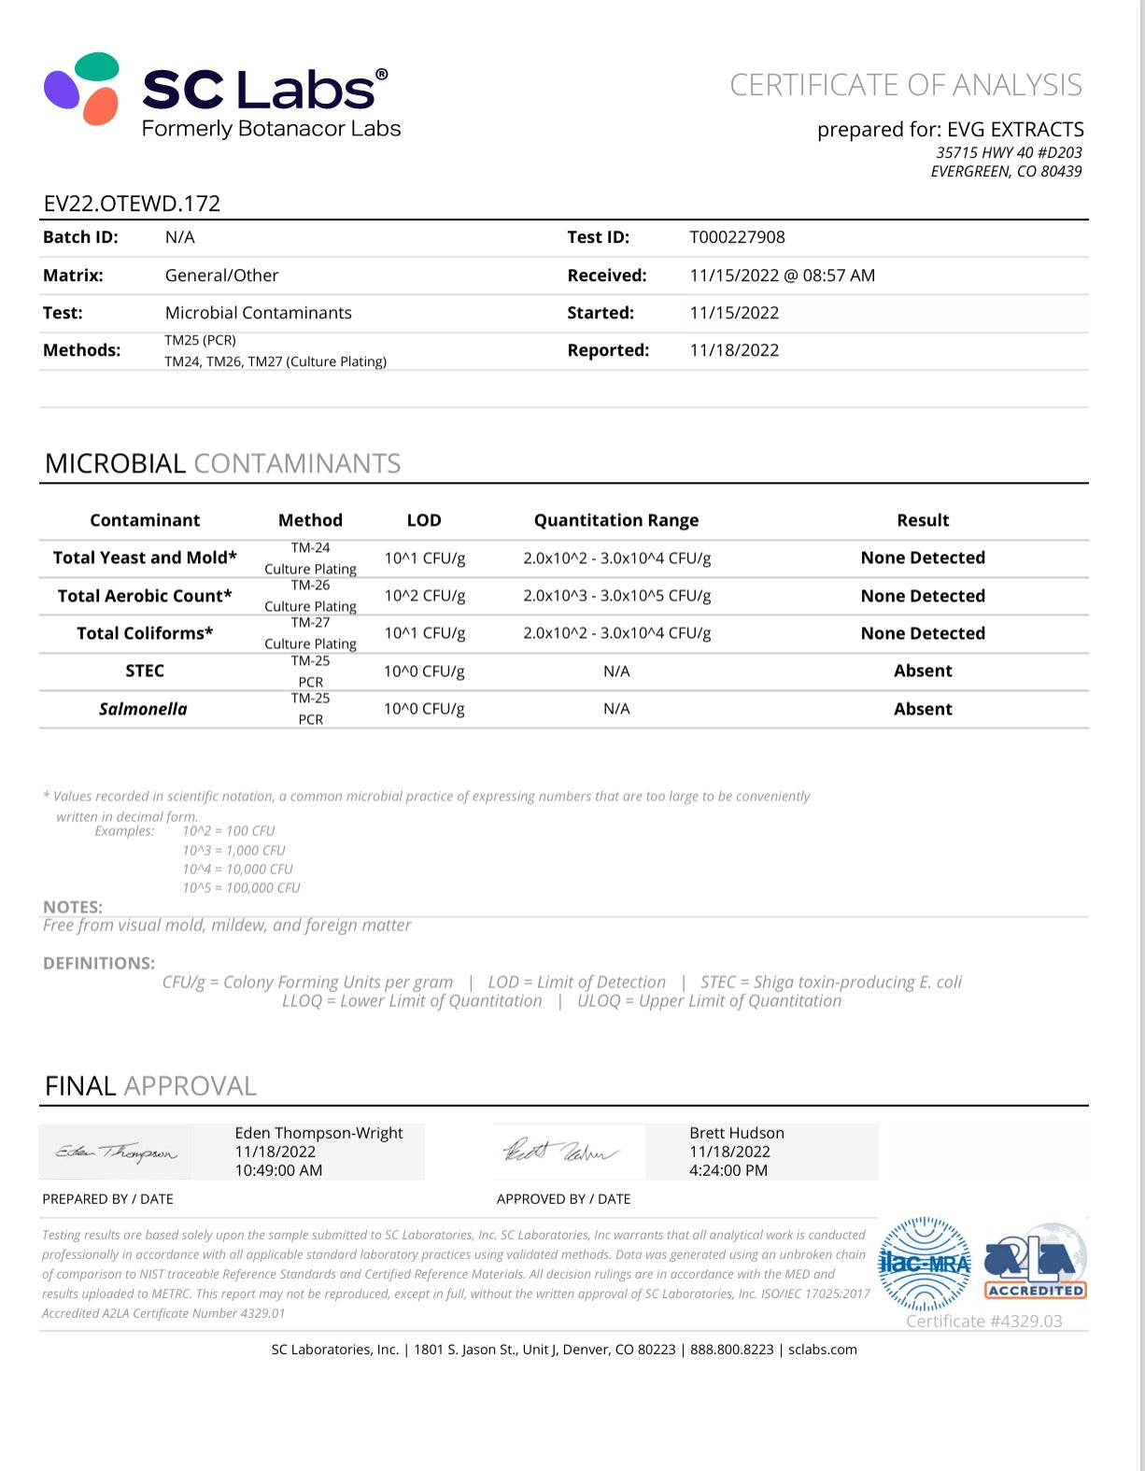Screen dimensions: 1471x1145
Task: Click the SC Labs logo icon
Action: [x=82, y=89]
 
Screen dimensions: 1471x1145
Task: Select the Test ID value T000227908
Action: [x=737, y=237]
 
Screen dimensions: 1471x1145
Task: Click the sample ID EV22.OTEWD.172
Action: [x=132, y=204]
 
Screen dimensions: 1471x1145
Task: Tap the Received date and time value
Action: [x=782, y=276]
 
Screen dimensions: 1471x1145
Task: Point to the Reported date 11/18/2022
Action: [x=734, y=350]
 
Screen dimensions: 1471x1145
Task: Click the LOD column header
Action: [x=424, y=520]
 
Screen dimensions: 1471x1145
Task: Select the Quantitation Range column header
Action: [x=616, y=520]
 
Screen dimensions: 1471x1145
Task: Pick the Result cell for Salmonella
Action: [x=923, y=709]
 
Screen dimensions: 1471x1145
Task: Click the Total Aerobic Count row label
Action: [x=145, y=596]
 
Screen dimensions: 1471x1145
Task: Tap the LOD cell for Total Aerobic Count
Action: [x=425, y=596]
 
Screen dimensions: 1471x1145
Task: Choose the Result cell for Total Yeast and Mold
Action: [x=923, y=558]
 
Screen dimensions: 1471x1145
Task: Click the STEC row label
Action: [x=145, y=671]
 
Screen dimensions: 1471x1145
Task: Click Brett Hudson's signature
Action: [x=560, y=1152]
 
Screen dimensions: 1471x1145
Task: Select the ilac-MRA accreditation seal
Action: [x=925, y=1265]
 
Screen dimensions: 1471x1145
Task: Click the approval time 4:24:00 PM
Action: [x=728, y=1170]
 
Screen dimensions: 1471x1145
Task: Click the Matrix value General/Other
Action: [x=221, y=276]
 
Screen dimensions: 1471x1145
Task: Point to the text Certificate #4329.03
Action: [x=983, y=1321]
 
